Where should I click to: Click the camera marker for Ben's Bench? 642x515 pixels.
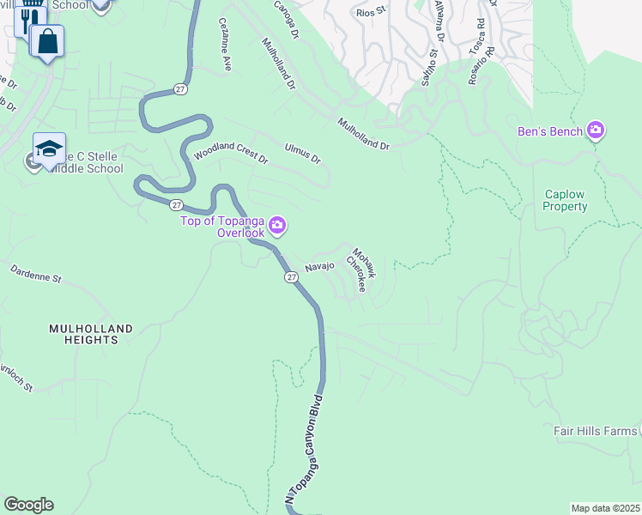596,131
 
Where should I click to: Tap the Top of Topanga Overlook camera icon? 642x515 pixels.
277,227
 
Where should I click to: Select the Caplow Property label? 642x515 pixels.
566,200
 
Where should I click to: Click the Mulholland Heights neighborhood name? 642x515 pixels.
90,334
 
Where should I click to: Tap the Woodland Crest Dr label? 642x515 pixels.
230,154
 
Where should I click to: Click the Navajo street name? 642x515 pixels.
319,267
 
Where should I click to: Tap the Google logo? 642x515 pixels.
28,505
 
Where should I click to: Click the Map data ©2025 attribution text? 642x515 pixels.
605,508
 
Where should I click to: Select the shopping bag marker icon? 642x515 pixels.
46,40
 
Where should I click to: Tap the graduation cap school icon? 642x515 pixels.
49,148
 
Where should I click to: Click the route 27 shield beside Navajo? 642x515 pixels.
291,277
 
